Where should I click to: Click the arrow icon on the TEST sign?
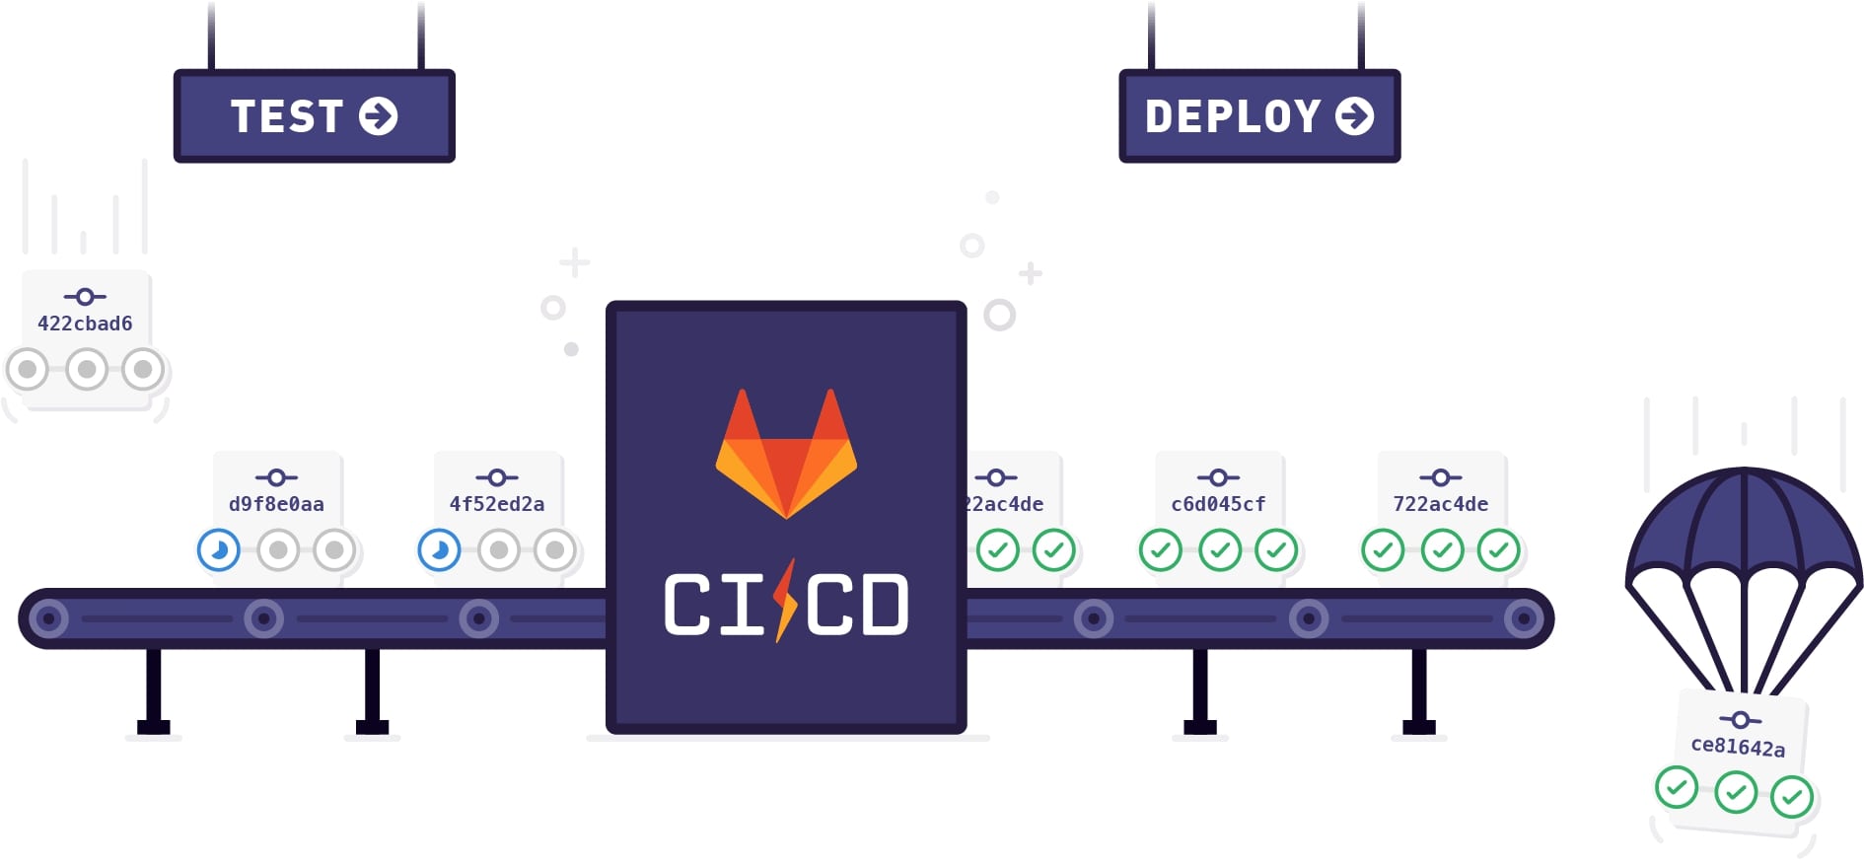[379, 116]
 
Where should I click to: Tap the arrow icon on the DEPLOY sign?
[1355, 116]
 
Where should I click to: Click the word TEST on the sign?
[287, 116]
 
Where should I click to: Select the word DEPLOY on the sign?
[1233, 116]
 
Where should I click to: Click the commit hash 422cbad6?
[85, 324]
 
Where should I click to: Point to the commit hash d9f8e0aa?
[276, 504]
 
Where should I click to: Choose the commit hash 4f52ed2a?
[497, 504]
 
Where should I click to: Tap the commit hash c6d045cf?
[1218, 504]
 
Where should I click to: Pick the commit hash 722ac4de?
[1441, 504]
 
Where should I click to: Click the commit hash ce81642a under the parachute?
[1738, 747]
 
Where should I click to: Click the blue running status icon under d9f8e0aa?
[219, 550]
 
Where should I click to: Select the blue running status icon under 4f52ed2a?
[440, 550]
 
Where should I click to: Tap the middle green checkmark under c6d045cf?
[1220, 550]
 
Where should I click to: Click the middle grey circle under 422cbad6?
[87, 370]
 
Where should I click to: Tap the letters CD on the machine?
[857, 605]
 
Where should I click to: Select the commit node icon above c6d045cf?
[1218, 478]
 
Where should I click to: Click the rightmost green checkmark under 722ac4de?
[1499, 550]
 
